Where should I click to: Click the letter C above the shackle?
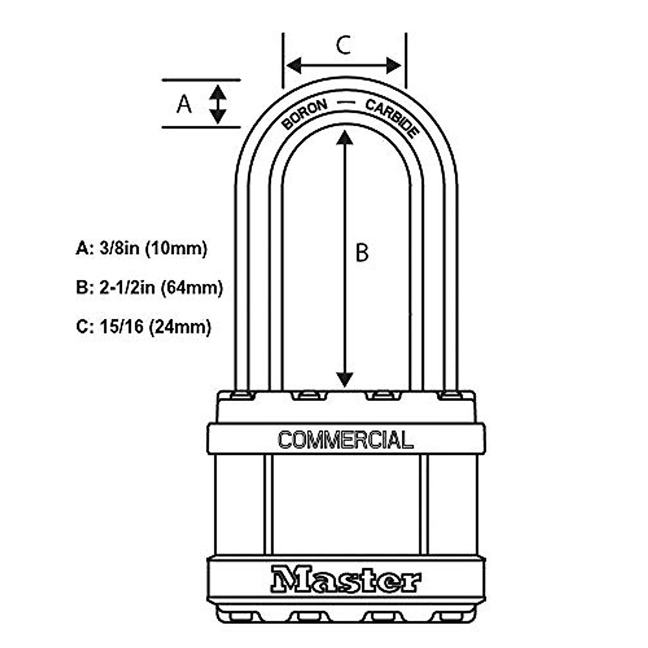click(343, 45)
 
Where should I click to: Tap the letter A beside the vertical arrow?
click(184, 104)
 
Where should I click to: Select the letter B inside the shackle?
click(362, 252)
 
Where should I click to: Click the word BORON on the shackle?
click(305, 114)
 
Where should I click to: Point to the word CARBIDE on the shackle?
click(393, 117)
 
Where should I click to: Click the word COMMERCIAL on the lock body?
click(346, 440)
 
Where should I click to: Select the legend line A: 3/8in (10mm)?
click(141, 248)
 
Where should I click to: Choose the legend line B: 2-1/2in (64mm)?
click(150, 287)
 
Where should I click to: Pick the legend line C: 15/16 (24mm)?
click(144, 327)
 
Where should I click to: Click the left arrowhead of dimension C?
click(293, 66)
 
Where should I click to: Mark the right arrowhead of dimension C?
click(394, 66)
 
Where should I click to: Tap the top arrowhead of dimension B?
click(345, 138)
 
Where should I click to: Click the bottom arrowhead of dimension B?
click(345, 380)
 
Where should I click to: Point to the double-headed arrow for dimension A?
click(218, 104)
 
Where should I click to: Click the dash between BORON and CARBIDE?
click(346, 103)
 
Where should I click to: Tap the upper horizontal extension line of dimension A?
click(201, 80)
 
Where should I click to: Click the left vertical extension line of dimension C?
click(283, 59)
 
